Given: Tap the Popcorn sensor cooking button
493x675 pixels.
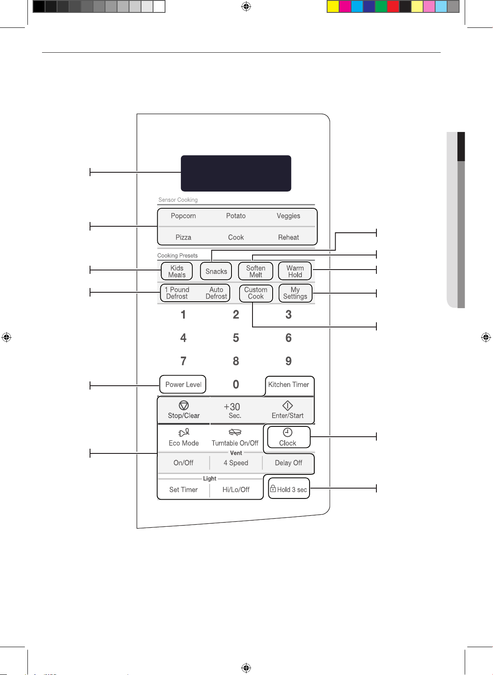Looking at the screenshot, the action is coord(183,216).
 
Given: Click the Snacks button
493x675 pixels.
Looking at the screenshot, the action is coord(216,271).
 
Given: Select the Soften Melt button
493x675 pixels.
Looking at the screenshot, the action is coord(256,271).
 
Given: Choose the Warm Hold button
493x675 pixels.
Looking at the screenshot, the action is coord(295,271).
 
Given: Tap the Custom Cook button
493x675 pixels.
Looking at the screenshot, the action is coord(256,293).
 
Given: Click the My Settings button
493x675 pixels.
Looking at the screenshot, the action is coord(295,293).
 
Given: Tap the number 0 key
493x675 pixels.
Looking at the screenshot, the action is coord(236,384).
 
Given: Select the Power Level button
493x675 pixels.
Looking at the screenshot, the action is coord(183,384).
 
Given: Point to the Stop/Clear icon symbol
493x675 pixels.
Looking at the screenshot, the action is coord(183,405).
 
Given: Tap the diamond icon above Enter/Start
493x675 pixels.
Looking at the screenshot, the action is coord(288,405).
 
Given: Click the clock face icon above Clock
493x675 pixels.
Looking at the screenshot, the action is coord(288,433).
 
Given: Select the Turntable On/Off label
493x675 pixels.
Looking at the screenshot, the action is coord(235,443).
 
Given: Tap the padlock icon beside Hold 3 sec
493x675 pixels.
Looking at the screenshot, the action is coord(273,489).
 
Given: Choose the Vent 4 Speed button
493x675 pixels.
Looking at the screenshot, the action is coord(236,463).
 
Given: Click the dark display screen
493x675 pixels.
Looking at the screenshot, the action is coord(236,173).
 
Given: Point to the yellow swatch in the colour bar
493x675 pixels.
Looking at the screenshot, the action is coord(333,6).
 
